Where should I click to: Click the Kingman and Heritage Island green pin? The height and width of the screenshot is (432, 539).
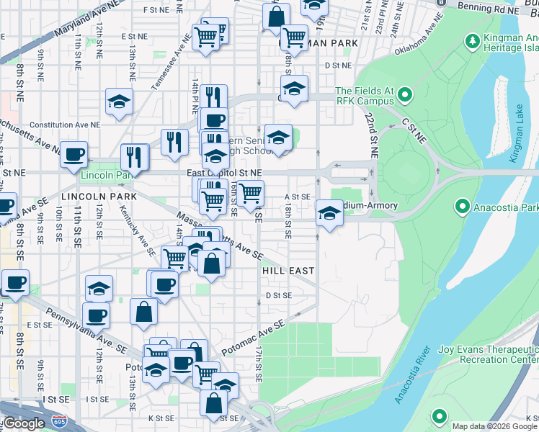473,40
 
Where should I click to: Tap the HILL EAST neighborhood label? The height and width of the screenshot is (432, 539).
288,271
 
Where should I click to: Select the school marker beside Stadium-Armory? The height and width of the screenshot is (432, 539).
329,213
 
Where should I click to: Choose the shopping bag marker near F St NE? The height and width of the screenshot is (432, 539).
276,17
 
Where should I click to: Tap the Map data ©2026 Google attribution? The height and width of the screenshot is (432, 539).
494,426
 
